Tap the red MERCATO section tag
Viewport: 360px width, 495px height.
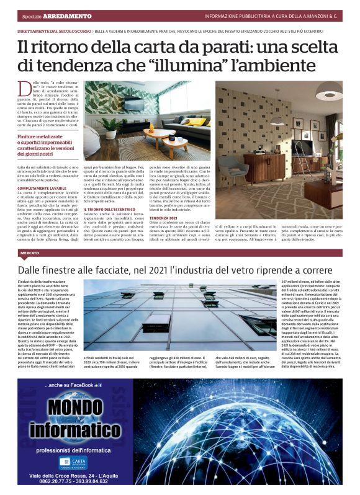(x=30, y=253)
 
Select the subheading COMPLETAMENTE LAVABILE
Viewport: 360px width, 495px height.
(x=42, y=187)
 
